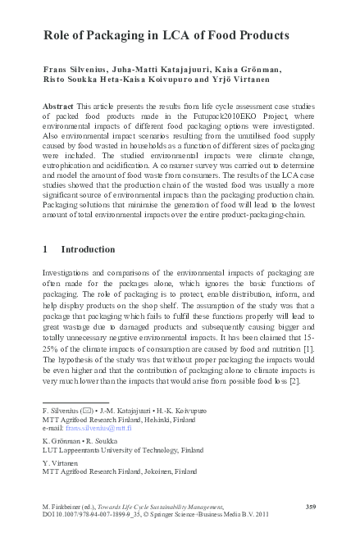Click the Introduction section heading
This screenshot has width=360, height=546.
coord(89,248)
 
